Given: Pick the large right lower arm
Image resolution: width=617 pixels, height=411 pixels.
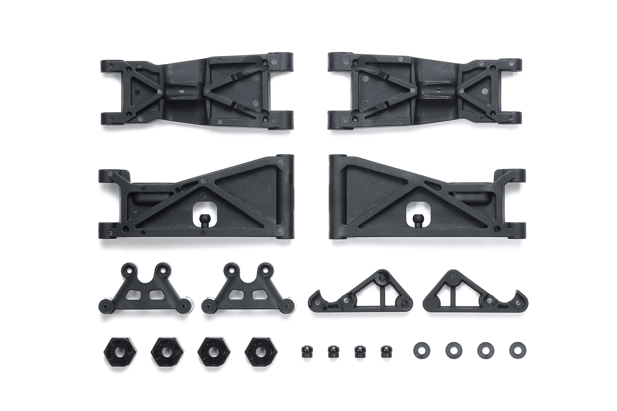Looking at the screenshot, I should click(427, 201).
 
